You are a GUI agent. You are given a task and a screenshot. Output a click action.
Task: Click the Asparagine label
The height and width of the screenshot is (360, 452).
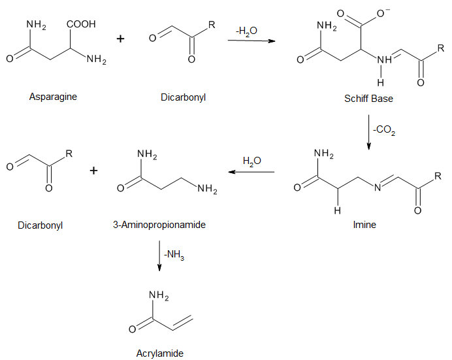pos(53,97)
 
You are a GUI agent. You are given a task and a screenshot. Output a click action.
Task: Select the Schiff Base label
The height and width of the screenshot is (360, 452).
pos(368,99)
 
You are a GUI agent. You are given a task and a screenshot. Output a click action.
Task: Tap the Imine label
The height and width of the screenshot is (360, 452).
pos(364,225)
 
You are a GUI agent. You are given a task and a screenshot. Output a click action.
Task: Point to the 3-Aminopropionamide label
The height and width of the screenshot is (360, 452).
pos(159,225)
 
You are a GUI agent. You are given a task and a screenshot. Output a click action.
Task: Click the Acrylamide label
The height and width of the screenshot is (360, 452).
pos(160,353)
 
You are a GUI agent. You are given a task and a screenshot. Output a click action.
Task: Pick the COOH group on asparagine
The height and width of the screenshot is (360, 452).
pos(80,25)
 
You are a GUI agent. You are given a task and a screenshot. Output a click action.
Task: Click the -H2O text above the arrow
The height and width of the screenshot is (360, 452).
pos(247,31)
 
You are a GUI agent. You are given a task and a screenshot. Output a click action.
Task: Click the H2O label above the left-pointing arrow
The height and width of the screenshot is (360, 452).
pos(251,160)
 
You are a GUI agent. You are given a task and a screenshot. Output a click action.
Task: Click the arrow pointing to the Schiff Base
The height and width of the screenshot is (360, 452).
pos(251,42)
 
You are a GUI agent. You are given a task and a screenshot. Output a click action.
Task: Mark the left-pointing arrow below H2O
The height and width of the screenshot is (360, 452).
pos(251,172)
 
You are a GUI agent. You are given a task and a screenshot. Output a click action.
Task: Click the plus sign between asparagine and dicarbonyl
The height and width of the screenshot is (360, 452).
pos(120,39)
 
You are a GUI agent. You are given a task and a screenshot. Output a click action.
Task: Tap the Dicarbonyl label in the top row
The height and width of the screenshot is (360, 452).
pos(183,97)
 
